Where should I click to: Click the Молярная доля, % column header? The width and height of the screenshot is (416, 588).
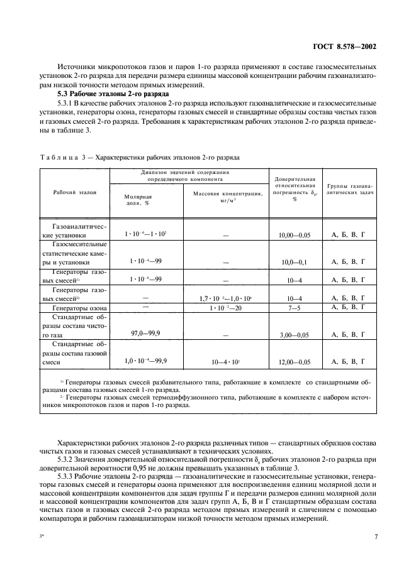coord(138,199)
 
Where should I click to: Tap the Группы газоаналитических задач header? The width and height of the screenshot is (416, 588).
coord(350,190)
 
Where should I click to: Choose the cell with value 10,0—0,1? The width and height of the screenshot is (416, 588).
coord(295,261)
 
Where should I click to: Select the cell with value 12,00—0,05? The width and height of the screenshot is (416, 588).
coord(295,362)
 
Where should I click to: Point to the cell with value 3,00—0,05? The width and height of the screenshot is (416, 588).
coord(295,335)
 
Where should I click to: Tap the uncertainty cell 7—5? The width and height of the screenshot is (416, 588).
coord(295,308)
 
